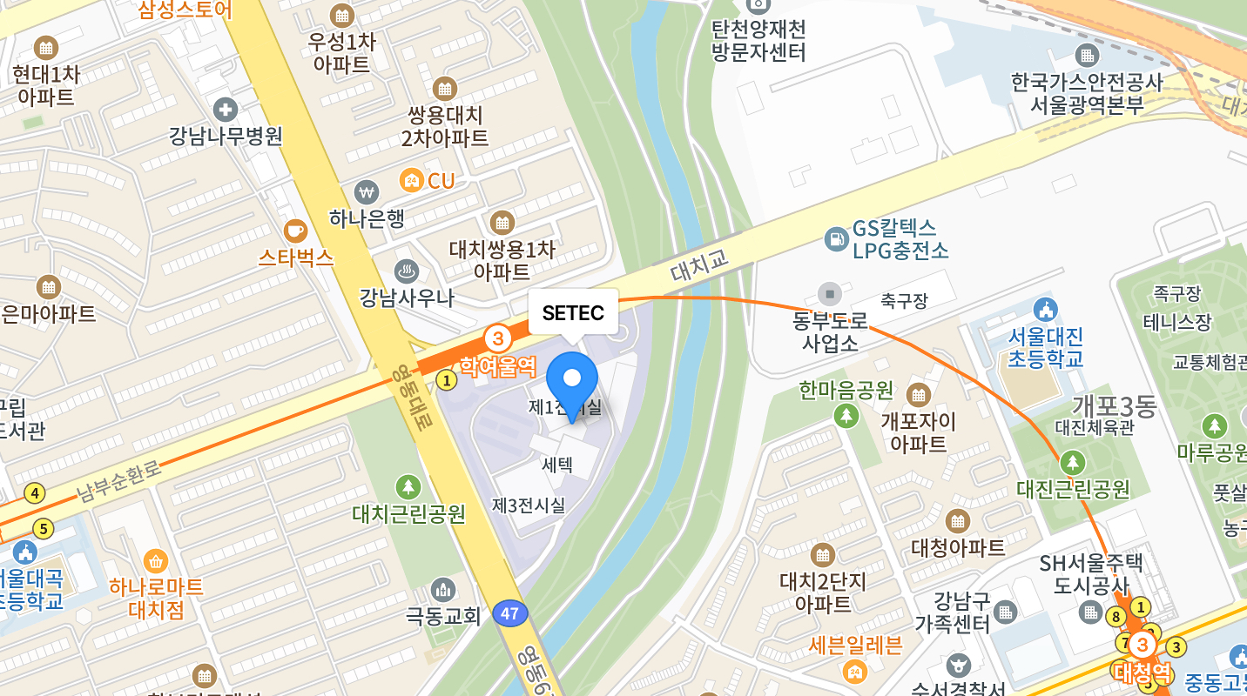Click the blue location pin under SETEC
tap(572, 381)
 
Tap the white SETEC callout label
tap(573, 312)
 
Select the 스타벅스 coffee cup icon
tap(295, 231)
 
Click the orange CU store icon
tap(411, 181)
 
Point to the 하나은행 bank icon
tap(367, 191)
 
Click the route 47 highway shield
tap(510, 613)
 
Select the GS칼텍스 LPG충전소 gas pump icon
tap(836, 238)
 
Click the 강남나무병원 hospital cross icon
tap(226, 110)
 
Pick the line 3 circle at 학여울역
tap(497, 338)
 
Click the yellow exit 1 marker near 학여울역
tap(447, 380)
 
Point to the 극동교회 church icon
tap(443, 590)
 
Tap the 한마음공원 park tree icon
tap(846, 416)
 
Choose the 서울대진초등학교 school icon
tap(1045, 309)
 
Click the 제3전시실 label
tap(529, 505)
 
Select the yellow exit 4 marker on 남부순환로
tap(35, 493)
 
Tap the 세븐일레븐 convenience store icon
tap(854, 672)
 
